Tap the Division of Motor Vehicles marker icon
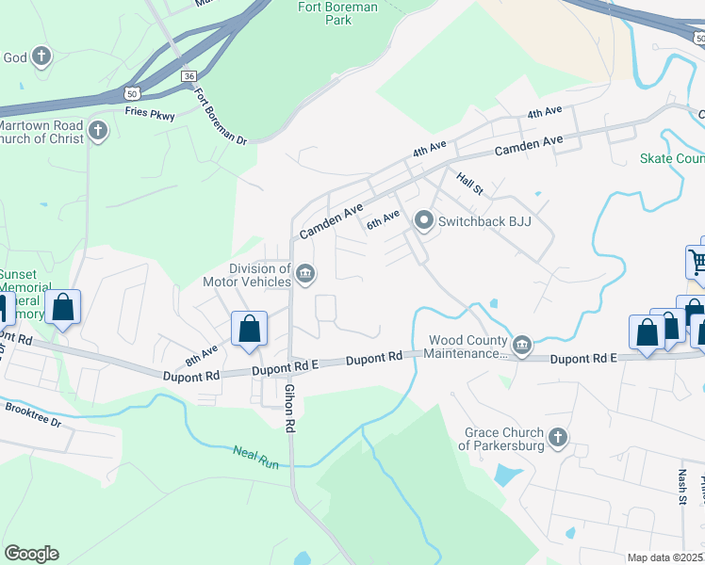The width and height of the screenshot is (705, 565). pos(305,275)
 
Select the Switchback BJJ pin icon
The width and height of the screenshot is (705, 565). pos(424,221)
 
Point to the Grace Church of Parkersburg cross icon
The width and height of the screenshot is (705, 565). pos(558,437)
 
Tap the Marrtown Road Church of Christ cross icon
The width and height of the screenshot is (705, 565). pos(98,130)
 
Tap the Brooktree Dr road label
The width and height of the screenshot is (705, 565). pos(34,416)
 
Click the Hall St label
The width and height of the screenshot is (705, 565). pos(469,183)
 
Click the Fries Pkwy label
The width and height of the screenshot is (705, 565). pos(150,113)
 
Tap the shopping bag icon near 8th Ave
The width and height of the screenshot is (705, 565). pos(250,330)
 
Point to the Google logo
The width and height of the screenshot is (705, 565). pos(31,554)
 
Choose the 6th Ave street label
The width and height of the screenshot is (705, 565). pos(384,221)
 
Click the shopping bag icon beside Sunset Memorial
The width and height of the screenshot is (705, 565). pos(62,307)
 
